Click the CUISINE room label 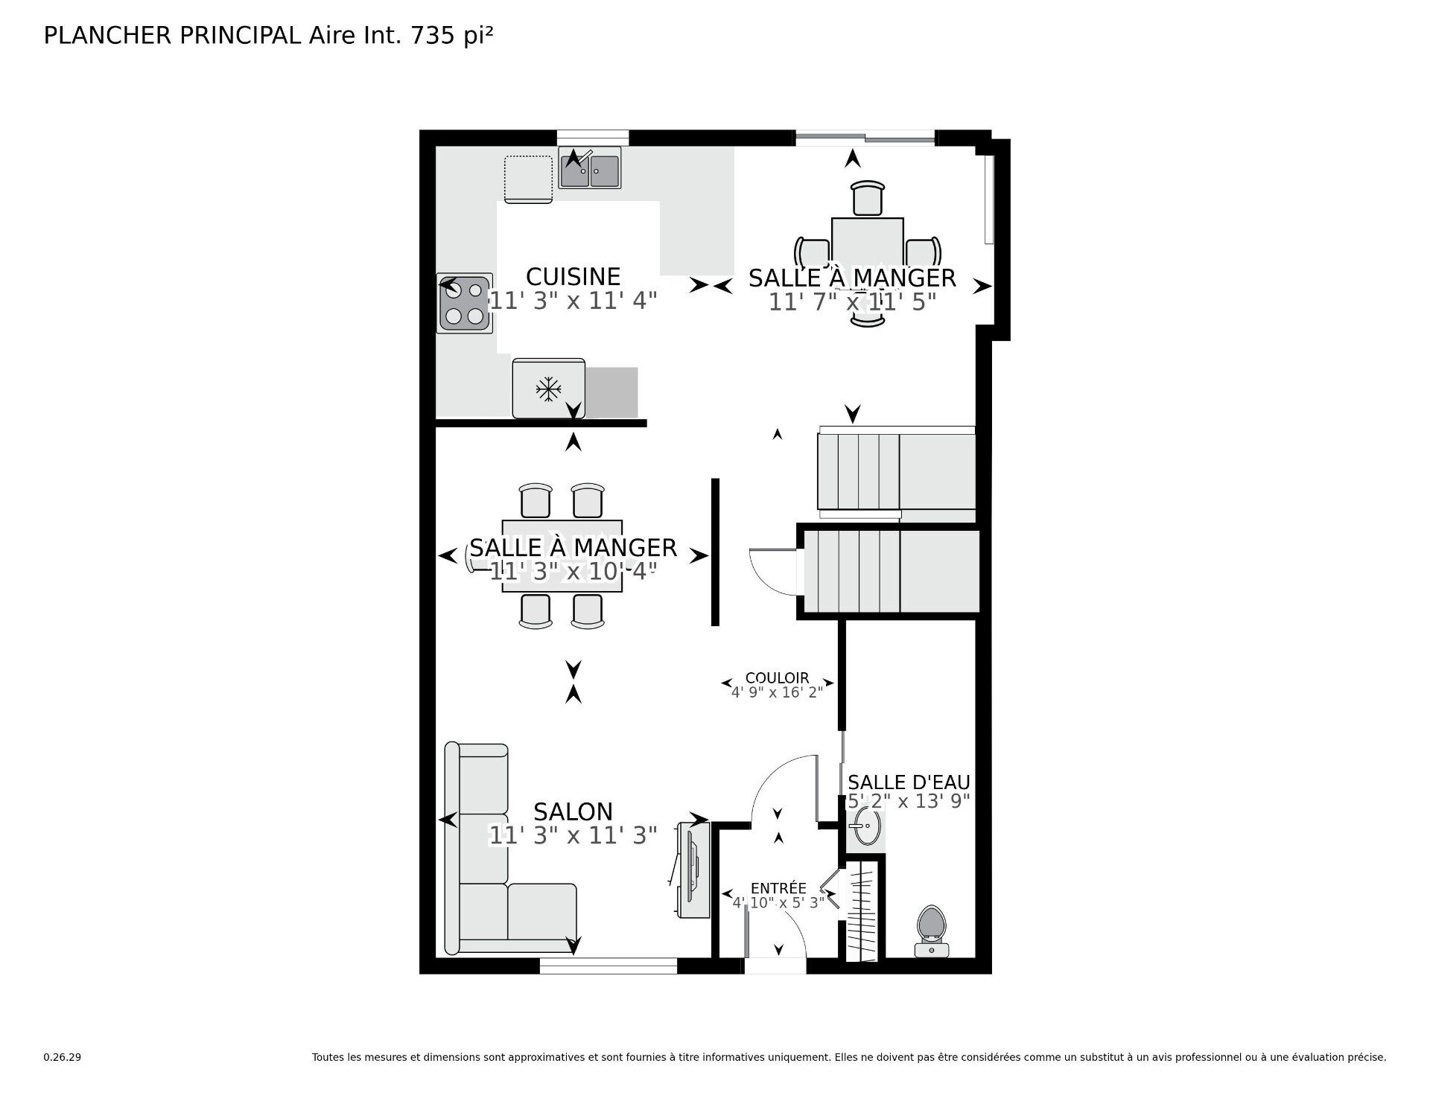pos(573,277)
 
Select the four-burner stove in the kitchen pos(465,303)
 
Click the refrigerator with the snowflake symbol pos(549,389)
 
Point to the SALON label pos(573,811)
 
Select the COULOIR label pos(777,678)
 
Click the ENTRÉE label pos(778,888)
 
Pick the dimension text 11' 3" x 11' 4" pos(573,301)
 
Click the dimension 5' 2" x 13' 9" pos(909,801)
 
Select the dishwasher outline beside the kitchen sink pos(528,179)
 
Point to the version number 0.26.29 pos(62,1057)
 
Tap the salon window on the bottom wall pos(608,966)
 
